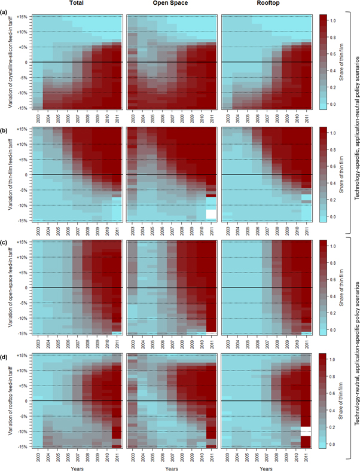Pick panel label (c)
point(6,241)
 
